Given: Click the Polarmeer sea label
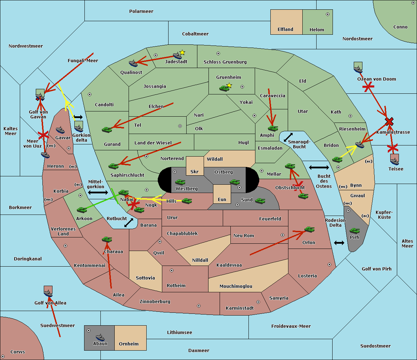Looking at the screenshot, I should (x=141, y=11).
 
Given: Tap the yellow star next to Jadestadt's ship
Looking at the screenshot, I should (x=182, y=52).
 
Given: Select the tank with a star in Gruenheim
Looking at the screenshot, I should (x=224, y=88).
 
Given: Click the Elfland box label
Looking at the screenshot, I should (x=285, y=30).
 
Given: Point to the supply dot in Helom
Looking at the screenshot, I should (x=327, y=14).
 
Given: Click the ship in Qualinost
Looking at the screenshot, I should (x=133, y=63).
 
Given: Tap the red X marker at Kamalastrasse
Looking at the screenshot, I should (x=389, y=122).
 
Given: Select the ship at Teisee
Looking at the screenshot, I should (x=394, y=161).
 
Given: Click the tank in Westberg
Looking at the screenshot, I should (x=180, y=182).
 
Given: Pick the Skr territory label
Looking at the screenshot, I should (x=195, y=172).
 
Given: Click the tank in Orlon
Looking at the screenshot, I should (x=309, y=229).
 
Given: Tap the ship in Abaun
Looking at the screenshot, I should (x=100, y=337).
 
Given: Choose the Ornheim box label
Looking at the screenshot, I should (x=129, y=344).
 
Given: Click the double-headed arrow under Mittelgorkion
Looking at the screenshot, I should (x=98, y=193).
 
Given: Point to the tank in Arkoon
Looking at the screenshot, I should (x=82, y=210).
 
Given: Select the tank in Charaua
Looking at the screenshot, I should (x=107, y=239).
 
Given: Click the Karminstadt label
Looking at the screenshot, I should (x=240, y=308).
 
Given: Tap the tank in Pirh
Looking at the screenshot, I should (x=354, y=231).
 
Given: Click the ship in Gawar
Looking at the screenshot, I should (x=60, y=130).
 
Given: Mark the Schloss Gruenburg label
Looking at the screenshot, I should (x=225, y=62).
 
